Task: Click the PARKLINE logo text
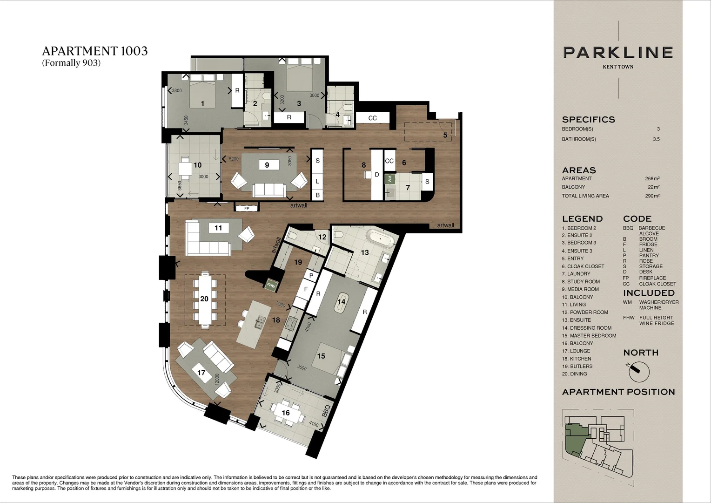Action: (618, 52)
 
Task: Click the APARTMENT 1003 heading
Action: (95, 51)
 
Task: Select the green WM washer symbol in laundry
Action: (390, 178)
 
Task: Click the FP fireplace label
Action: (247, 208)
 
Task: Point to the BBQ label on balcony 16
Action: (326, 411)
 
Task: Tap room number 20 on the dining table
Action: (204, 299)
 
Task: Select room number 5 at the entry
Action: (445, 135)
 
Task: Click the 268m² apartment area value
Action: (652, 178)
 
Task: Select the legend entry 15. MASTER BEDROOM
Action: (589, 336)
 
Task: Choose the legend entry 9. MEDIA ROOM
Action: (580, 289)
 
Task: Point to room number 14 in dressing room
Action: (342, 302)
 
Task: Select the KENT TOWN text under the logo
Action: (618, 67)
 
